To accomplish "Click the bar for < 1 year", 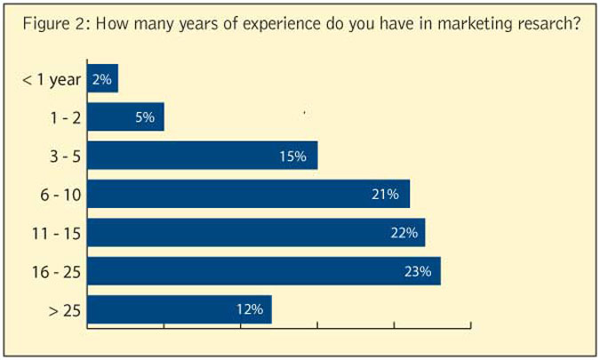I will [103, 78].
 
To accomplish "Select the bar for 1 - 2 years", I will [125, 116].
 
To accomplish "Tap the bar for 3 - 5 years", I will [202, 156].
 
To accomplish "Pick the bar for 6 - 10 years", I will [248, 194].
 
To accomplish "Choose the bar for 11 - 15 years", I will [256, 233].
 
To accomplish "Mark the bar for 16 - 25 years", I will [264, 271].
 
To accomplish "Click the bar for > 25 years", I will [179, 309].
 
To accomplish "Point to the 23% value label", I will [417, 271].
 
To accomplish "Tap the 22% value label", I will [403, 233].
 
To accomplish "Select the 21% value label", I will [385, 194].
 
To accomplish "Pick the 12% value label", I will [249, 309].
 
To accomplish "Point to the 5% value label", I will [146, 116].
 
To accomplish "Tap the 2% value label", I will [101, 79].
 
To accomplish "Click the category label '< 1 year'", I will [52, 79].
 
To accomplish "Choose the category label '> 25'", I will [64, 309].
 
